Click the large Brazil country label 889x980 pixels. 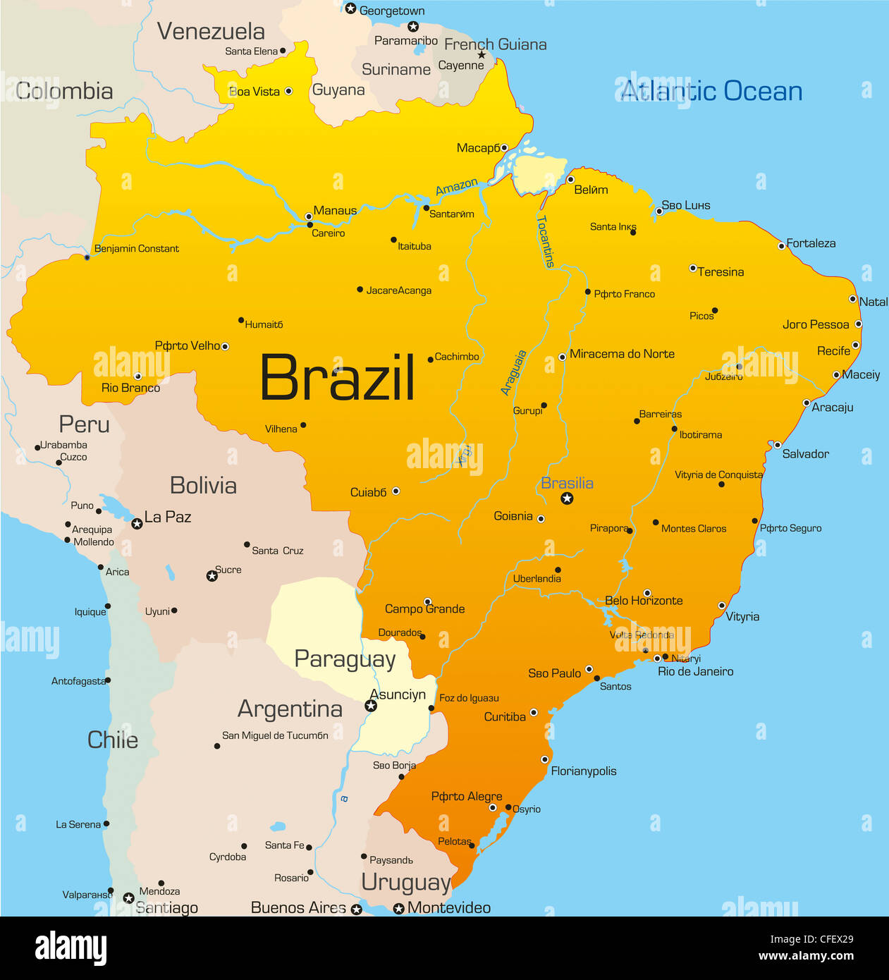pyautogui.click(x=337, y=378)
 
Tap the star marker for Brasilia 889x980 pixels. pyautogui.click(x=567, y=498)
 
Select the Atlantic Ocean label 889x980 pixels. pyautogui.click(x=711, y=91)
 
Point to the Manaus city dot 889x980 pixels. pyautogui.click(x=308, y=216)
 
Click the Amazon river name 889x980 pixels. pyautogui.click(x=456, y=187)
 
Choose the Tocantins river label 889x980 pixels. pyautogui.click(x=546, y=241)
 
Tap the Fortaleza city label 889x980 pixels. pyautogui.click(x=811, y=243)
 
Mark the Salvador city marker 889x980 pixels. pyautogui.click(x=777, y=445)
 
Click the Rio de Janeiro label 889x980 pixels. pyautogui.click(x=695, y=671)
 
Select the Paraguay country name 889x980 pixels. pyautogui.click(x=345, y=659)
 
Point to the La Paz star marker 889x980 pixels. pyautogui.click(x=137, y=524)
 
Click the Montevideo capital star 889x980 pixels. pyautogui.click(x=398, y=908)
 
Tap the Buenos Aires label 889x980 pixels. pyautogui.click(x=298, y=907)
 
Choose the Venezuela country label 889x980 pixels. pyautogui.click(x=211, y=31)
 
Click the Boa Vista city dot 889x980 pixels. pyautogui.click(x=288, y=91)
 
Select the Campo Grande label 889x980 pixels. pyautogui.click(x=424, y=609)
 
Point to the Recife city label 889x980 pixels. pyautogui.click(x=833, y=350)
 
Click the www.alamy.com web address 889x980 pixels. pyautogui.click(x=806, y=957)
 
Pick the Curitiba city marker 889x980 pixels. pyautogui.click(x=534, y=713)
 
